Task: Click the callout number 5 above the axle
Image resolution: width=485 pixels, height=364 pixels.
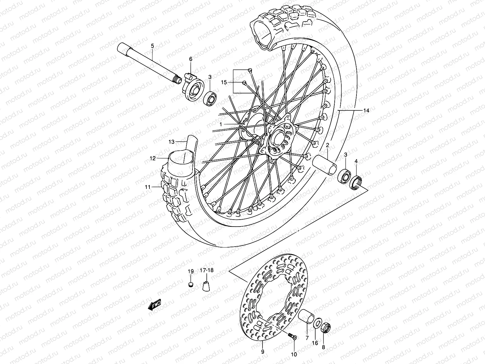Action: [152, 46]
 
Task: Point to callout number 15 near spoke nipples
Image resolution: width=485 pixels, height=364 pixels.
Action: [224, 82]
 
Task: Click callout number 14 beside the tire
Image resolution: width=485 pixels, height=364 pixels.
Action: [366, 111]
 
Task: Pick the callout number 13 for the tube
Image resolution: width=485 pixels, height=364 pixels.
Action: [172, 142]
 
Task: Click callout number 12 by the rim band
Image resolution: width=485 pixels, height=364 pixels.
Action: [152, 158]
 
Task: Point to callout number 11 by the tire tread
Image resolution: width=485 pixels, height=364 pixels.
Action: [148, 187]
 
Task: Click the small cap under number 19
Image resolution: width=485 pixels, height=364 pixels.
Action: [190, 284]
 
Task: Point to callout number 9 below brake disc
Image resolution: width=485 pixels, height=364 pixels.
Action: [263, 352]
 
